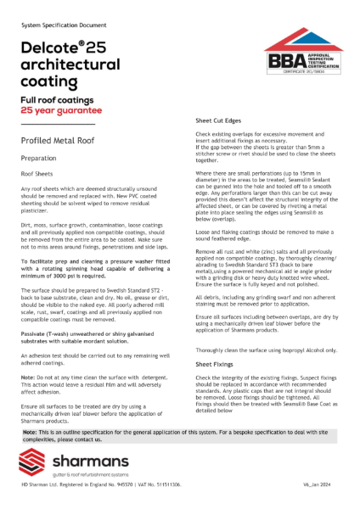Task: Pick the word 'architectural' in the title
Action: (x=73, y=65)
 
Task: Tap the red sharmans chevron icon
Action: (x=38, y=465)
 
